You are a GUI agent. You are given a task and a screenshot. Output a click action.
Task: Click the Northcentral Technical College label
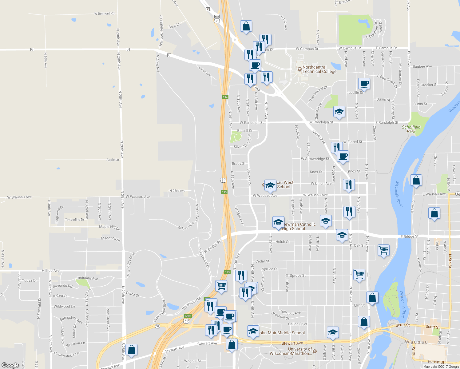click(319, 69)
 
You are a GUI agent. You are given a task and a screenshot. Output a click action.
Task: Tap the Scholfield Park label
click(411, 129)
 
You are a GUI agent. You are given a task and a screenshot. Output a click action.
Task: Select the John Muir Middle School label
click(282, 333)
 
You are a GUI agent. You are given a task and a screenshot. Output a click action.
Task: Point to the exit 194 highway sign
click(225, 97)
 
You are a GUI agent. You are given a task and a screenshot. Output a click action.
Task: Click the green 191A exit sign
click(188, 316)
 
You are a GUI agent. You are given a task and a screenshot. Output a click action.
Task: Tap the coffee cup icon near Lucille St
click(364, 83)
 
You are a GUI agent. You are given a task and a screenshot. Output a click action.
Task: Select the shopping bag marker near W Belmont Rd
click(246, 26)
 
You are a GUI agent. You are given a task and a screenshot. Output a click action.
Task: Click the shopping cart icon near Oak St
click(383, 250)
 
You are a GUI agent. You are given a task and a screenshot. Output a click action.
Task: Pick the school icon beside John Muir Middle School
click(253, 331)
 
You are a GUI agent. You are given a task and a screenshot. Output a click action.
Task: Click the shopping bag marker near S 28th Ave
click(131, 349)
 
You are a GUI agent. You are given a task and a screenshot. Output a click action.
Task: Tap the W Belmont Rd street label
click(104, 14)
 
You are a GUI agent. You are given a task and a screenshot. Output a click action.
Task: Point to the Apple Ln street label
click(113, 160)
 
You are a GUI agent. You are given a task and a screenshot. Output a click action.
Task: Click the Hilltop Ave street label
click(51, 271)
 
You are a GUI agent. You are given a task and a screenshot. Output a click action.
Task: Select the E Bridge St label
click(409, 236)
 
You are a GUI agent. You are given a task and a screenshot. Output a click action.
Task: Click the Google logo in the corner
click(10, 365)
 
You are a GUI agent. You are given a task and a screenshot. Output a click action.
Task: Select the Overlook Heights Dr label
click(161, 31)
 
